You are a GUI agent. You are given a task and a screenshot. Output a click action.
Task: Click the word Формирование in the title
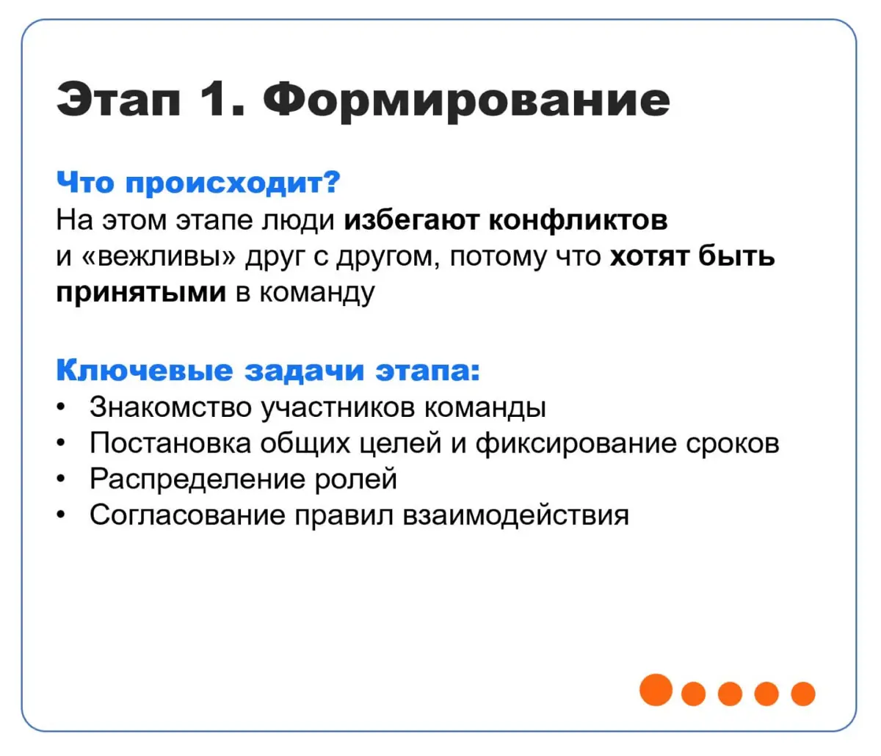(x=466, y=100)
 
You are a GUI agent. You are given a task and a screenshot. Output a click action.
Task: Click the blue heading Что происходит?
(x=198, y=182)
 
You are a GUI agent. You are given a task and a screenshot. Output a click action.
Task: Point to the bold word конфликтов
(x=578, y=219)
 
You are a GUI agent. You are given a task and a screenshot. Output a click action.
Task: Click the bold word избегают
(x=412, y=219)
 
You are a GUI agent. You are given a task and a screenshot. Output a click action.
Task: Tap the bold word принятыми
(x=141, y=292)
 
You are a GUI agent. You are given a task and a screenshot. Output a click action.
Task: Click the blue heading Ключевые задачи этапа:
(x=268, y=370)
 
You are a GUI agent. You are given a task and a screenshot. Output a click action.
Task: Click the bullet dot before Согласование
(x=62, y=515)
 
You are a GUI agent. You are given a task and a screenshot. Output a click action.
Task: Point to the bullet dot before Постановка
(x=62, y=443)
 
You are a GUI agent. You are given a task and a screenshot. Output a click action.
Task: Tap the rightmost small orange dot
(x=803, y=693)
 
